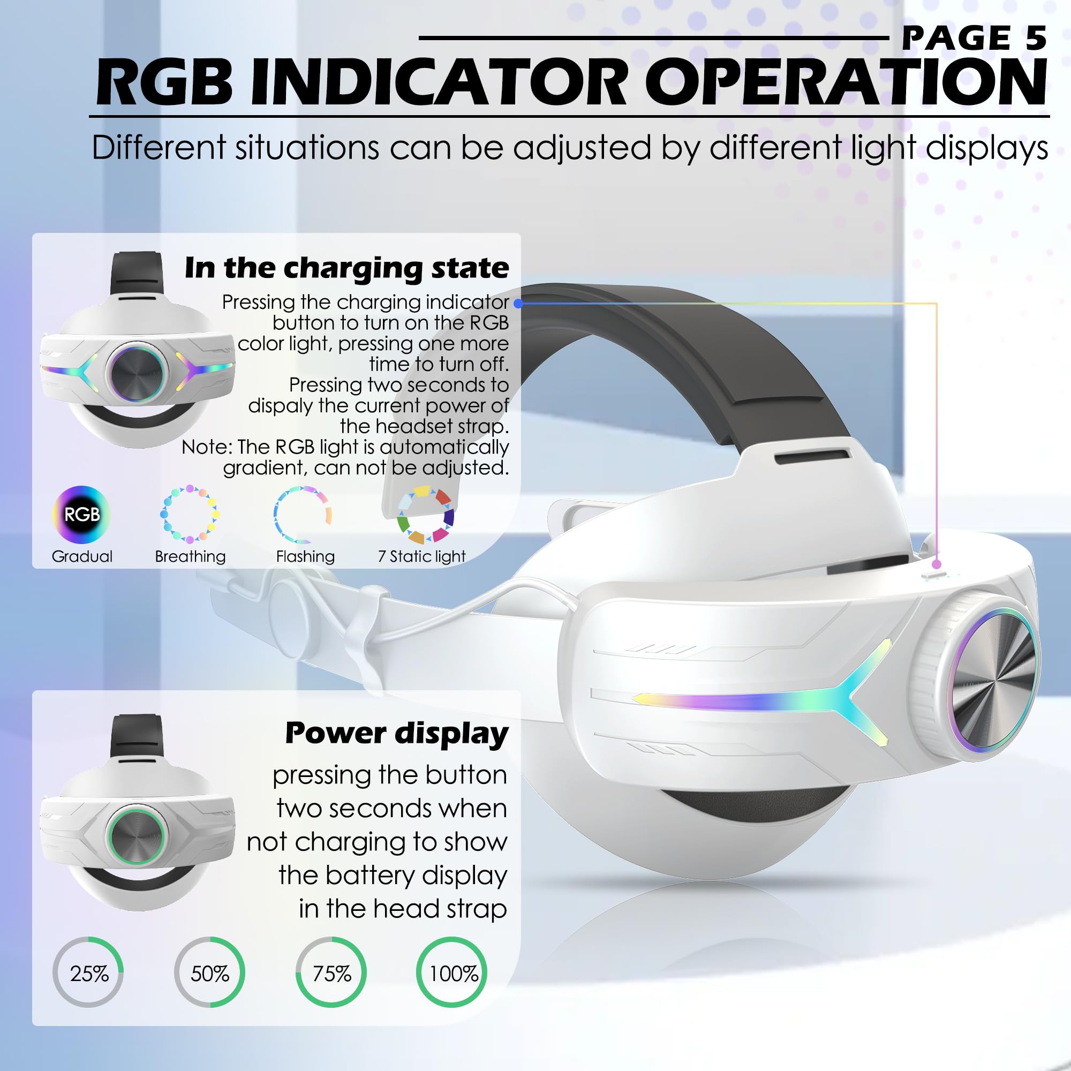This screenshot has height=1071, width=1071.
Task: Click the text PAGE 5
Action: click(974, 38)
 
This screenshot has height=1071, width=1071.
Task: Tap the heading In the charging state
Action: click(347, 269)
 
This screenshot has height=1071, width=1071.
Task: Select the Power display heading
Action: click(397, 734)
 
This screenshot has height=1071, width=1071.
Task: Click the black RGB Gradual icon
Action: click(81, 515)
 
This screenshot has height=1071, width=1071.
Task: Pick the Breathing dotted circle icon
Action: click(190, 514)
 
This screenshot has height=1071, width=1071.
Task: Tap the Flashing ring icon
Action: click(303, 515)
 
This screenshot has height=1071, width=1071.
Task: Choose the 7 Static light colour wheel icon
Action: click(426, 515)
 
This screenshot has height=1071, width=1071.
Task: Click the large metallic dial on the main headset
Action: click(992, 680)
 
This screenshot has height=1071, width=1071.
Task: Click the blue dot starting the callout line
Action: click(518, 303)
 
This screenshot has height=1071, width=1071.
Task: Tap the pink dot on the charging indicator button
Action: click(936, 564)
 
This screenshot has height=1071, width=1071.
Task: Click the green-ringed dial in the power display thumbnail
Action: click(137, 836)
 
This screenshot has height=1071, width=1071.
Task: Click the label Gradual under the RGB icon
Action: click(82, 556)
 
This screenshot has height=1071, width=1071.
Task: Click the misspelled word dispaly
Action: click(281, 406)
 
